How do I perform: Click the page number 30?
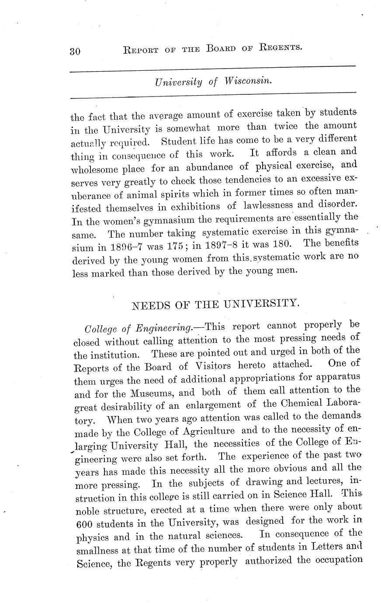pos(75,51)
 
